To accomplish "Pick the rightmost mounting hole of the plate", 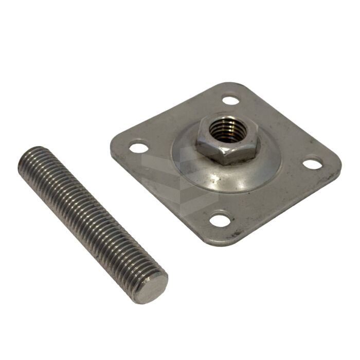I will pos(312,164).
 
